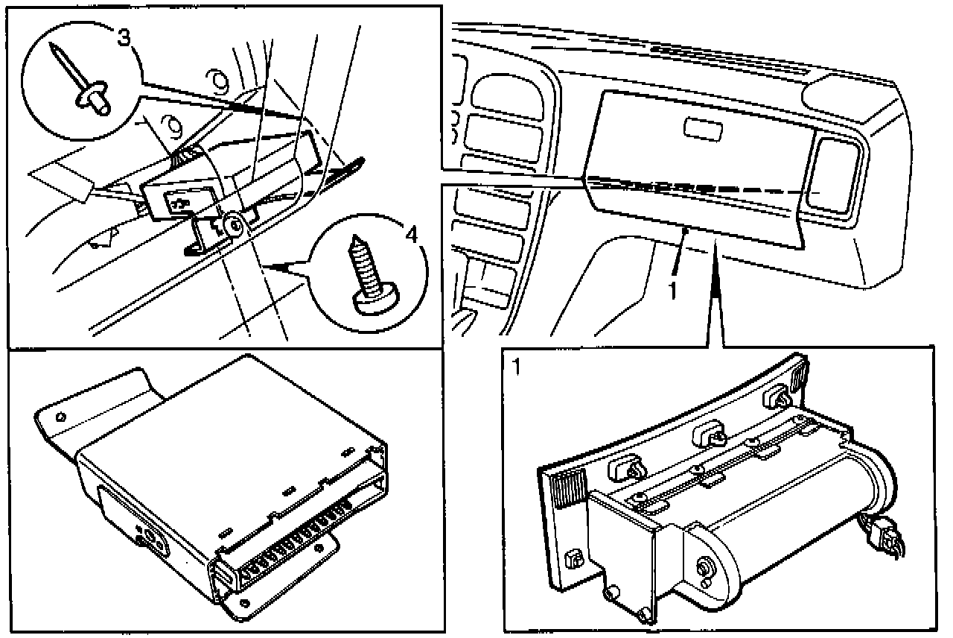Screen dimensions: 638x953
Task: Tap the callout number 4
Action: (409, 234)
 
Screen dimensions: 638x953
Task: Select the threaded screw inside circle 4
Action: (368, 277)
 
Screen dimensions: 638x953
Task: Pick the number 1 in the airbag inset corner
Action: (514, 366)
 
